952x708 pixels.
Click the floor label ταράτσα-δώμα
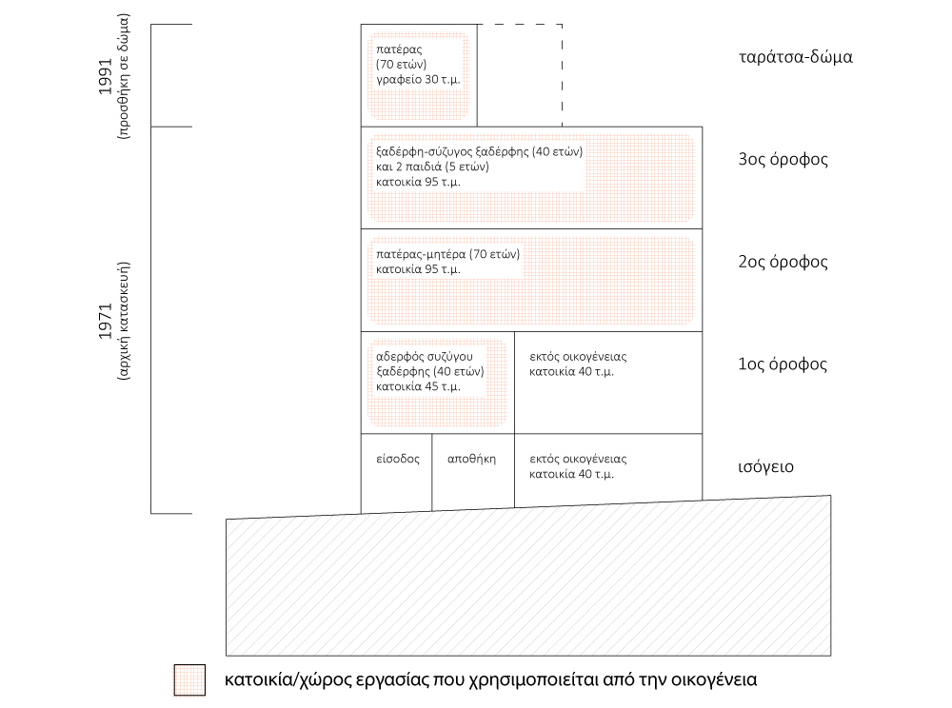[x=794, y=56]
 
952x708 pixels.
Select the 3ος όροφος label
[x=783, y=159]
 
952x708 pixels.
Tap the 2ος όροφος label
[x=783, y=262]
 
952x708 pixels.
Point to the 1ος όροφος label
[x=783, y=364]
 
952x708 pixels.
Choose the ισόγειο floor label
[x=765, y=467]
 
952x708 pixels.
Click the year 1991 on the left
[x=105, y=76]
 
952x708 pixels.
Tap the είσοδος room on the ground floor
[x=396, y=458]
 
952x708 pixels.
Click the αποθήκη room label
[x=472, y=458]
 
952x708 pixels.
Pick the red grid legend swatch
[x=189, y=679]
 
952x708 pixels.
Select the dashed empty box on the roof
[x=519, y=75]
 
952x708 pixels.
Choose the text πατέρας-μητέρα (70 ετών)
[x=447, y=254]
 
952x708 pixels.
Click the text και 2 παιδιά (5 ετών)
[x=432, y=167]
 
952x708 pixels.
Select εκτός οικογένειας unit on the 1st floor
[x=578, y=357]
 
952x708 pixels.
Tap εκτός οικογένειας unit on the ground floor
[x=578, y=459]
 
